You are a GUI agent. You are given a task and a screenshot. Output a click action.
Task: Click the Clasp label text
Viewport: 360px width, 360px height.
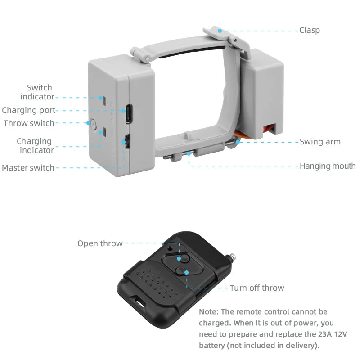click(x=310, y=31)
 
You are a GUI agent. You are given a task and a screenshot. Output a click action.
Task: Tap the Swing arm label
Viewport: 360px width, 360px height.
click(x=320, y=142)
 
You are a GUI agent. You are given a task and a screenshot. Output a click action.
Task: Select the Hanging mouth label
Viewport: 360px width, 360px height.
click(x=328, y=166)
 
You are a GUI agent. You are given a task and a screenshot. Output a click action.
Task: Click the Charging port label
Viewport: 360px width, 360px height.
click(x=28, y=110)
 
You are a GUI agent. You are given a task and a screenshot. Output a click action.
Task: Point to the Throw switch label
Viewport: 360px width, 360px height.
click(x=29, y=123)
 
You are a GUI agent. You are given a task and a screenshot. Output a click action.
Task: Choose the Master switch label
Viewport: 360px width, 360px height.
click(x=28, y=168)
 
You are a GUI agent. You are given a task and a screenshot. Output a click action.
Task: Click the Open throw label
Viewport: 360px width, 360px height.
click(x=100, y=243)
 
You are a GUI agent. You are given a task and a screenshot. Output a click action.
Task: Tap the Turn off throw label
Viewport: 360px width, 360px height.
click(x=257, y=288)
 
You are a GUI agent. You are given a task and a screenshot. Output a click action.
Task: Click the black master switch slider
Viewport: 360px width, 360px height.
click(x=127, y=142)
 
